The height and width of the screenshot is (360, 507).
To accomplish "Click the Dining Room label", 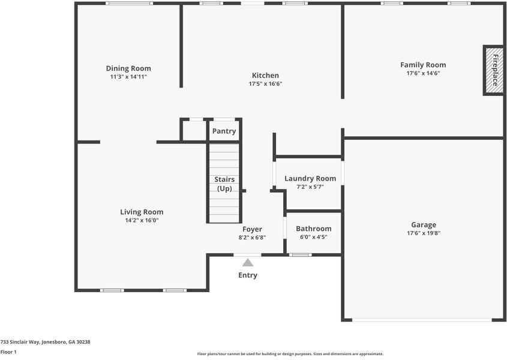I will [128, 68].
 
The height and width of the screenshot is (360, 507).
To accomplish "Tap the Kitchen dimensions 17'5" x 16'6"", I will [265, 84].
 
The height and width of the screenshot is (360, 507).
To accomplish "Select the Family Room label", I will [423, 65].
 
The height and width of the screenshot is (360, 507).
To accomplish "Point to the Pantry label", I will [224, 131].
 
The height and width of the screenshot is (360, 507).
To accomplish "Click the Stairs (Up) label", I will [224, 184].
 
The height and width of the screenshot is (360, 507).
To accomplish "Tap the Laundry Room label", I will [310, 178].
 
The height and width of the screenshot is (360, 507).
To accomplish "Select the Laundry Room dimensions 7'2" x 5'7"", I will [310, 187].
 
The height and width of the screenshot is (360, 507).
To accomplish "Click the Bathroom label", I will [313, 229].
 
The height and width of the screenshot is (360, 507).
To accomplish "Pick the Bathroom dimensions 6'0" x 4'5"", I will [313, 237].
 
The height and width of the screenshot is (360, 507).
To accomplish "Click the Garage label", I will [424, 225].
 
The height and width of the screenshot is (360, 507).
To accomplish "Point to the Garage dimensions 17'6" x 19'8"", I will [424, 233].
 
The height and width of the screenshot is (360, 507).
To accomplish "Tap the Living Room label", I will [142, 212].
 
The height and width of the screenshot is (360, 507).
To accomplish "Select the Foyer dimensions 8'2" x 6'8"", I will [252, 238].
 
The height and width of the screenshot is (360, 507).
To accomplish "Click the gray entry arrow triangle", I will [248, 262].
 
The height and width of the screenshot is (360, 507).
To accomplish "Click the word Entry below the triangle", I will [248, 275].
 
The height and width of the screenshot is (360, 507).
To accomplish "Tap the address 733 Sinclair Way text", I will [45, 341].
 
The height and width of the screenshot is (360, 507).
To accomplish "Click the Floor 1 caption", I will [8, 352].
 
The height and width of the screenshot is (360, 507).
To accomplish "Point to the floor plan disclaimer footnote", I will [290, 354].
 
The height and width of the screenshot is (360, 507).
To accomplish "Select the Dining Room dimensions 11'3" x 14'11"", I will [128, 77].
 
